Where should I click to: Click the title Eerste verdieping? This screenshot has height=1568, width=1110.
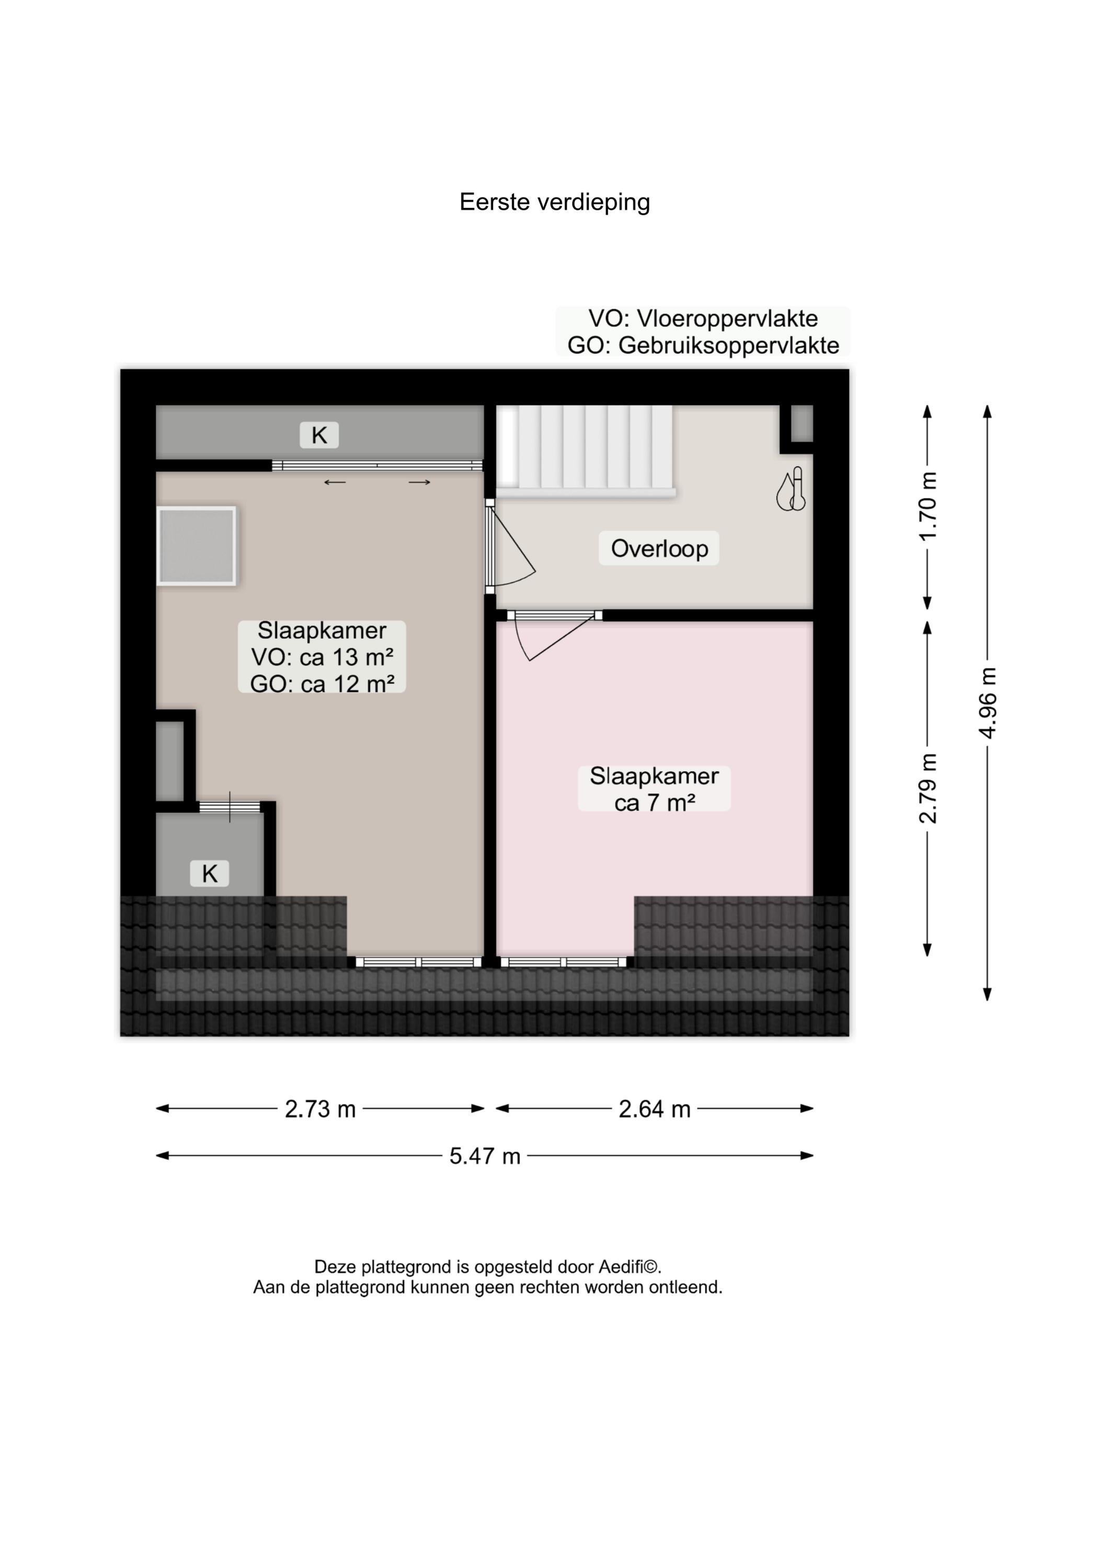tap(554, 202)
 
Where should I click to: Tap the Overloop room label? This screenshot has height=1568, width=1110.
tap(659, 549)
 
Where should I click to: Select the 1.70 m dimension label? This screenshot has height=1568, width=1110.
tap(928, 506)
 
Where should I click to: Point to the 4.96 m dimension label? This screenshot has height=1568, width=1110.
tap(987, 702)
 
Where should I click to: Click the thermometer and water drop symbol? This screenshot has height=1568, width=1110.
tap(791, 489)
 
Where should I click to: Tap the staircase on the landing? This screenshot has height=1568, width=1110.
tap(585, 449)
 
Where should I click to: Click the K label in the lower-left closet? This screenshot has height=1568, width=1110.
tap(209, 873)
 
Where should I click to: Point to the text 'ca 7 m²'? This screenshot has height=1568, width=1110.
tap(654, 803)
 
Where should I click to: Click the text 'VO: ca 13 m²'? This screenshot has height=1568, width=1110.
tap(322, 658)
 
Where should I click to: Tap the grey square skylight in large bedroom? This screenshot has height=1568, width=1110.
tap(197, 546)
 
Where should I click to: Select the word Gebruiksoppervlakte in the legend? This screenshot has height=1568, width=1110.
tap(729, 345)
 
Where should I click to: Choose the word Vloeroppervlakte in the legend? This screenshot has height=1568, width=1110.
tap(727, 319)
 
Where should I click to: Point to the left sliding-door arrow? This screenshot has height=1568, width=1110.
tap(335, 482)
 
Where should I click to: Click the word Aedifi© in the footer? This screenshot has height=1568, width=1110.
tap(630, 1267)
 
